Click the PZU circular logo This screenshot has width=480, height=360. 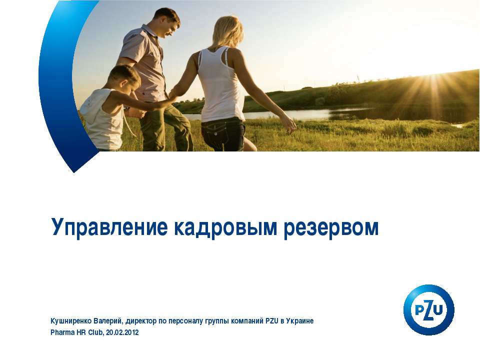coord(428,309)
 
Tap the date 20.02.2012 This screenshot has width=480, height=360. coord(122,332)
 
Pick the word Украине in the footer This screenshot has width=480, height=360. coord(300,320)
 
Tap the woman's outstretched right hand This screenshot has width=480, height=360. coord(289,125)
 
